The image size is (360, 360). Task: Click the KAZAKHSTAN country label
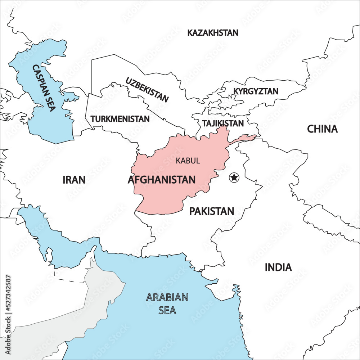tap(213, 33)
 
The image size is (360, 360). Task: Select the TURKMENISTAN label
tap(120, 119)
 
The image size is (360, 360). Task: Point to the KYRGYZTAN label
tap(256, 91)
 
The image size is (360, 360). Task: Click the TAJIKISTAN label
tap(223, 123)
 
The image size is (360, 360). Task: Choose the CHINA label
tap(322, 129)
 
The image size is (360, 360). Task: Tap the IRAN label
tap(74, 180)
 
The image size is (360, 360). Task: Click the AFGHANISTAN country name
tap(162, 180)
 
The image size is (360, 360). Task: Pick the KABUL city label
tap(188, 161)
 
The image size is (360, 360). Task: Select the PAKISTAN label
tap(212, 211)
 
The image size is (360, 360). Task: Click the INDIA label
tap(278, 267)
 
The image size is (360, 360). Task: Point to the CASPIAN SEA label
tap(44, 88)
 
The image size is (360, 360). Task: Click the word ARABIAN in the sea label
tap(167, 297)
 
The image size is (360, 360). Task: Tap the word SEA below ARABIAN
tap(167, 310)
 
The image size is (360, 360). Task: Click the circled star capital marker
tap(234, 177)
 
